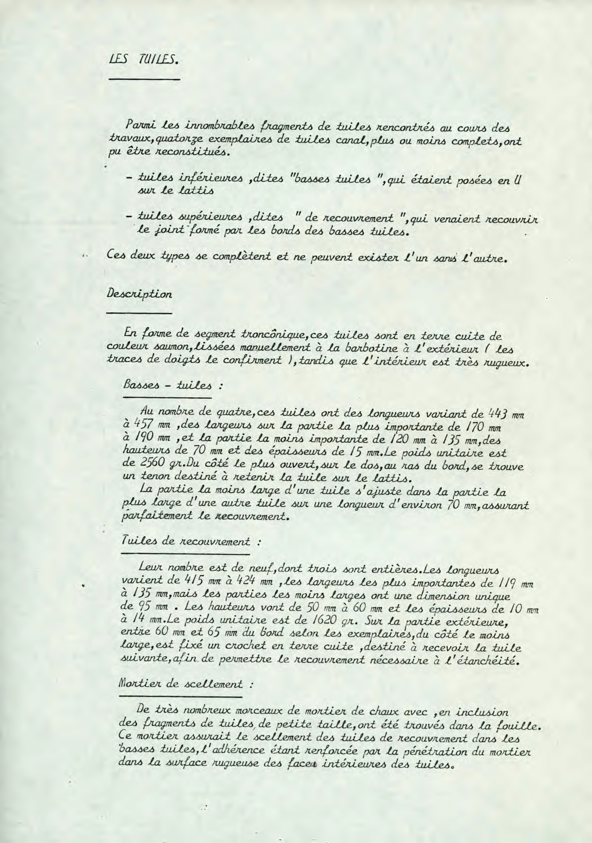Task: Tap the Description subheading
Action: (x=140, y=294)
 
